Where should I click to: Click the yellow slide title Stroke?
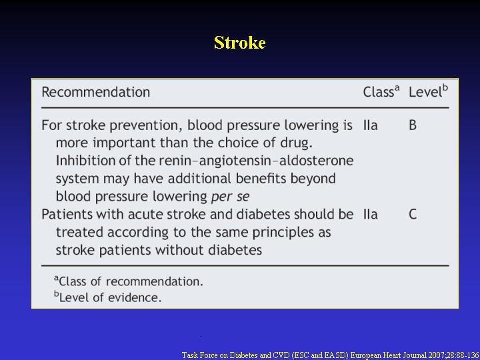(240, 43)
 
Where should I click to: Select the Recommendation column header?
(96, 92)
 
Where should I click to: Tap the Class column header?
(381, 91)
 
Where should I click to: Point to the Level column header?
(428, 91)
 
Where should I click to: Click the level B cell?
(413, 125)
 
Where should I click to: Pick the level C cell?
(413, 214)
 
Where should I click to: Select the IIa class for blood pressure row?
(371, 125)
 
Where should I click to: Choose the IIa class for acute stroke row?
(371, 214)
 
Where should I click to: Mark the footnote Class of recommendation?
(129, 281)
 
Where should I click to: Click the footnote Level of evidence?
(108, 297)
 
